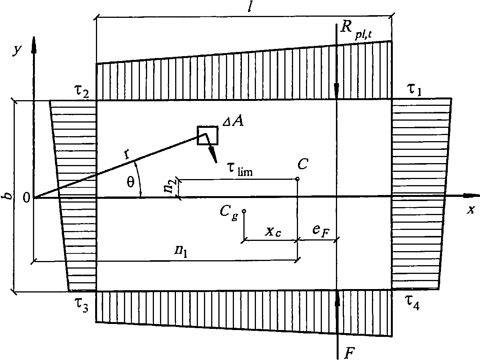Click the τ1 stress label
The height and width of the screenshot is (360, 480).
[x=414, y=90]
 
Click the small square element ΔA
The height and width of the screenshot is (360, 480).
[x=207, y=135]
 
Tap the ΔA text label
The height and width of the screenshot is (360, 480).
[x=233, y=122]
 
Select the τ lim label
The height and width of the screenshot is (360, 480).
[x=240, y=170]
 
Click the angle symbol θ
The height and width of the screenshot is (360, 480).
[x=130, y=182]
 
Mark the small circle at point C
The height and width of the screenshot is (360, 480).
[x=297, y=179]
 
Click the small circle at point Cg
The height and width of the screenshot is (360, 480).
[x=244, y=211]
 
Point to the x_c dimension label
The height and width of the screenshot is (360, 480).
[x=273, y=231]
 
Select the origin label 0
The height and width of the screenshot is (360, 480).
[x=26, y=198]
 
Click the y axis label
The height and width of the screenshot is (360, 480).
[x=17, y=50]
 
